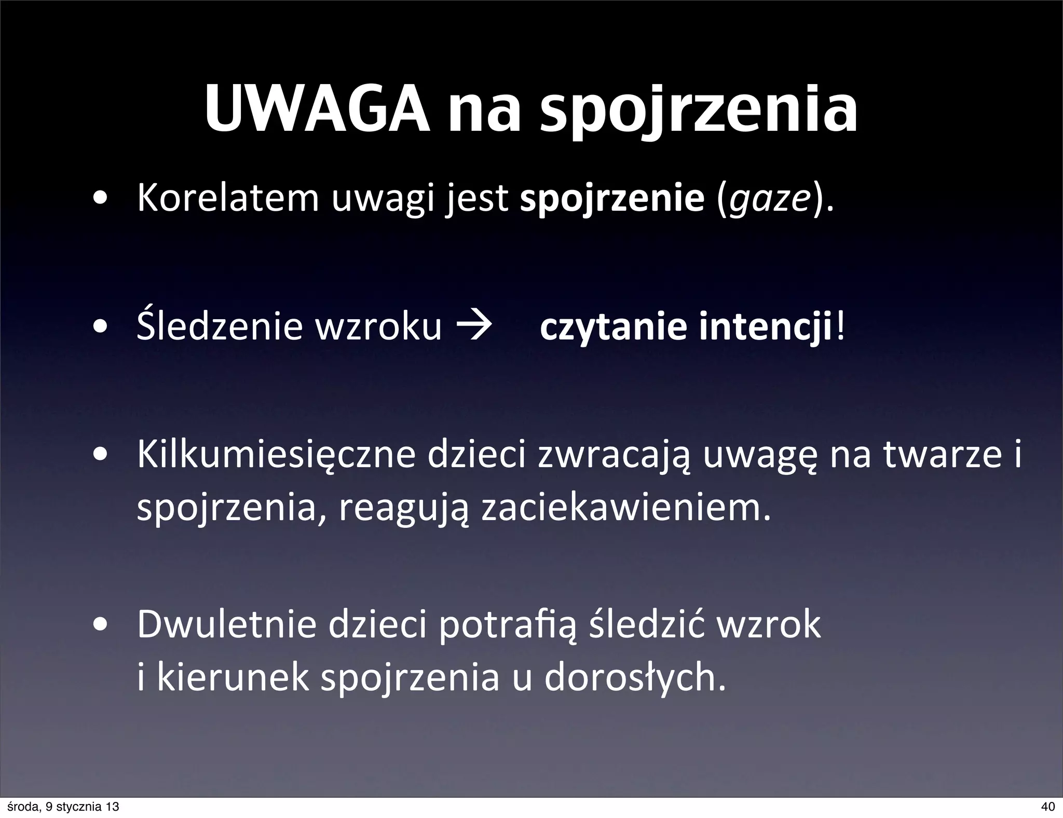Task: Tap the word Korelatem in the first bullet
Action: pos(228,199)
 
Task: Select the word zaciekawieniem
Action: pos(624,509)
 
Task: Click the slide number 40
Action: pos(1047,807)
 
